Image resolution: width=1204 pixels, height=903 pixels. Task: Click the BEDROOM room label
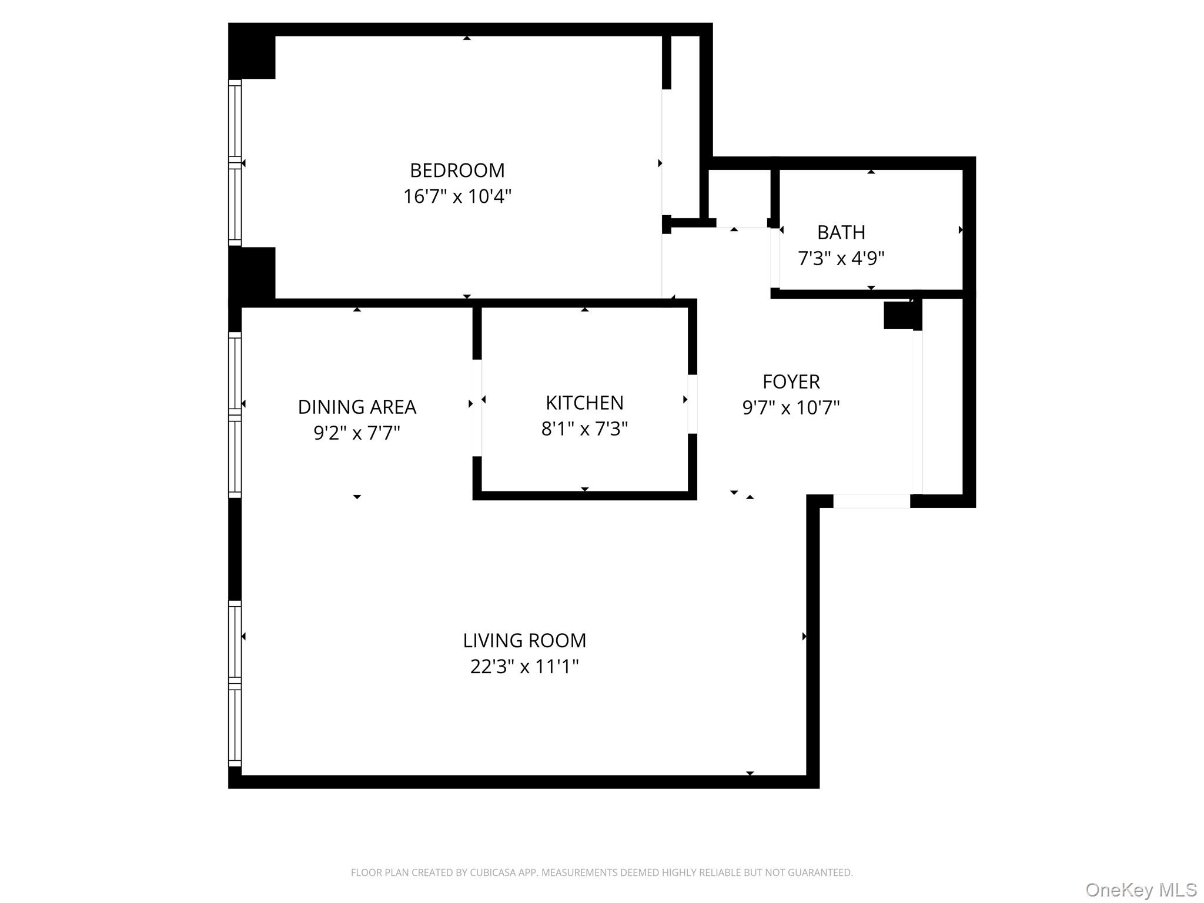pos(457,170)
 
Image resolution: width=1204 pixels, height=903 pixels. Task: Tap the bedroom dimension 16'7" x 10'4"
pos(457,196)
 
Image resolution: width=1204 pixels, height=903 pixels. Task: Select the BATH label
pos(841,233)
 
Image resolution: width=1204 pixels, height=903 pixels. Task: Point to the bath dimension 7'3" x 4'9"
pos(841,259)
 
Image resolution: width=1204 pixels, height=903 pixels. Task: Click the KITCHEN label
pos(584,403)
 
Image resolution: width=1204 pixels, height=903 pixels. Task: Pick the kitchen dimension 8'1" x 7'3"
pos(584,429)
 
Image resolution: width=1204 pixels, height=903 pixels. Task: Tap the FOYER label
pos(791,382)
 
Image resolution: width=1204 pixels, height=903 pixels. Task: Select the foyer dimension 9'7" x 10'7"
pos(791,408)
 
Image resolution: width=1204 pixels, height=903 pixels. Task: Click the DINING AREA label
pos(357,407)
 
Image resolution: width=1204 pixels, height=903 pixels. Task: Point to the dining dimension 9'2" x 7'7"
pos(357,433)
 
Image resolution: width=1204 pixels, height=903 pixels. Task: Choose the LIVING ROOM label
pos(524,641)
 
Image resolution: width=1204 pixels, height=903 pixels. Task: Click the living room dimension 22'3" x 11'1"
pos(524,667)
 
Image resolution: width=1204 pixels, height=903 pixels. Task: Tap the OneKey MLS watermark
pos(1141,890)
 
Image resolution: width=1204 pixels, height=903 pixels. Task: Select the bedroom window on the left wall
pos(235,163)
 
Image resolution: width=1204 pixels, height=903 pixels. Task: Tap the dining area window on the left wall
pos(235,414)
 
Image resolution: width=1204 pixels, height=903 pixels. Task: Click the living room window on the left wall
pos(235,683)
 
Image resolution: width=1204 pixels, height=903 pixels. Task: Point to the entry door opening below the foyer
pos(871,501)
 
